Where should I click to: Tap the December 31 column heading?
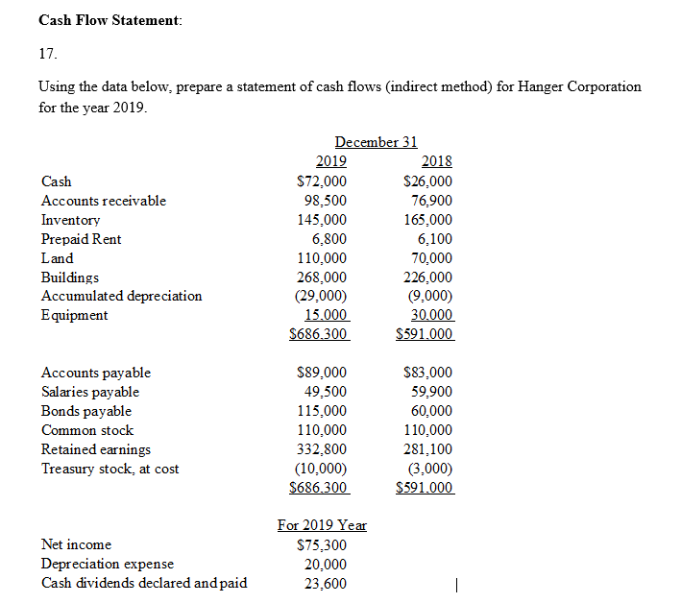click(x=376, y=142)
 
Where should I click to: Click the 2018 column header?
click(x=437, y=161)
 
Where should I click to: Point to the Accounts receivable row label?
click(x=104, y=201)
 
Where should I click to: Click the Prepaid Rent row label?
click(x=82, y=239)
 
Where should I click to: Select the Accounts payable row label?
click(x=96, y=373)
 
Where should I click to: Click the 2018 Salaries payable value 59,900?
click(x=431, y=392)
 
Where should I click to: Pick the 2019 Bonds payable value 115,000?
click(x=321, y=411)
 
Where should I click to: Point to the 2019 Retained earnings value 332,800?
click(x=321, y=449)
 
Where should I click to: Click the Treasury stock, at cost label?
click(x=109, y=469)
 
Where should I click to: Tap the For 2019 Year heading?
click(x=322, y=525)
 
